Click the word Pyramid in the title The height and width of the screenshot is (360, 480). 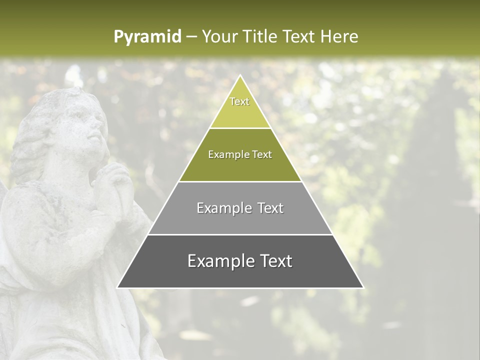click(147, 37)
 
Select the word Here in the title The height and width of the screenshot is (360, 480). click(339, 36)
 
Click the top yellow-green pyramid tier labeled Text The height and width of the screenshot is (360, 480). click(240, 107)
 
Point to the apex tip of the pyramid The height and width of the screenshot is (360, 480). click(240, 76)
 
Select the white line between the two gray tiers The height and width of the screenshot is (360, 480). click(240, 234)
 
